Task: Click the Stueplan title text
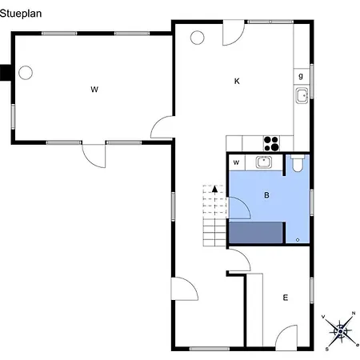[21, 14]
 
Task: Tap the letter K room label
[237, 81]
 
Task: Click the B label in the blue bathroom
[266, 195]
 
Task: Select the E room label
[286, 298]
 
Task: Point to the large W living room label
[94, 90]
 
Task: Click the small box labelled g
[302, 77]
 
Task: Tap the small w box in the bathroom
[237, 162]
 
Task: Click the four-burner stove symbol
[271, 143]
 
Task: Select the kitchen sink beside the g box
[302, 95]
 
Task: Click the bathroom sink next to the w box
[264, 162]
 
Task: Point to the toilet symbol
[297, 164]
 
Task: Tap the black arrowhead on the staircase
[214, 189]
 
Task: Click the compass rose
[341, 331]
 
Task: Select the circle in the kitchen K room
[198, 38]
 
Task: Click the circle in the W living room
[26, 73]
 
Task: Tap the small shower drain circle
[298, 240]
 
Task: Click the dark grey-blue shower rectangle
[256, 232]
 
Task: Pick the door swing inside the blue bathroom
[240, 208]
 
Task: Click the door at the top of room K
[234, 33]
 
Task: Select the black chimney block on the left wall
[6, 73]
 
